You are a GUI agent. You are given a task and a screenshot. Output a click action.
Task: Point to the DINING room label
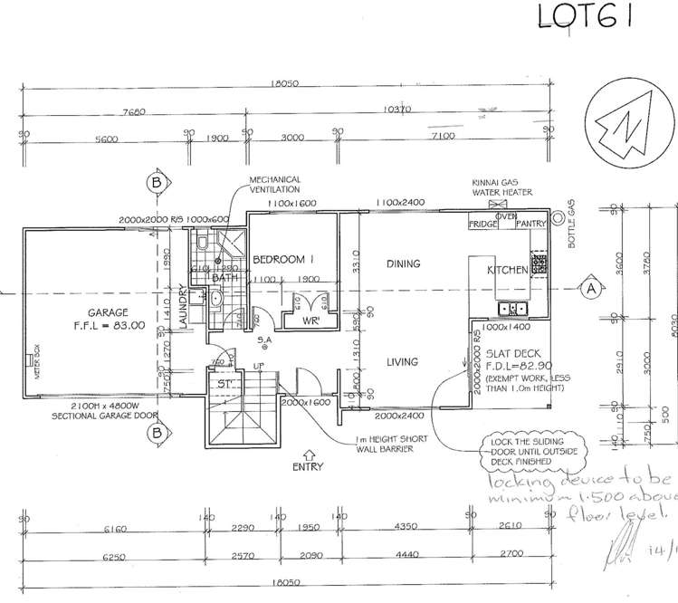click(x=403, y=264)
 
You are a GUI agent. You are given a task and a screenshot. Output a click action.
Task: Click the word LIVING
click(x=402, y=362)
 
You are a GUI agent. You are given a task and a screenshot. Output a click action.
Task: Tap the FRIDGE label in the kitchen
click(x=481, y=223)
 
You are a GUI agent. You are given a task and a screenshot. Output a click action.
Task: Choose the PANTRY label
click(x=530, y=223)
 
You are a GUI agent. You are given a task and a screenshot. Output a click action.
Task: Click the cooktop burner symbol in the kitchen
click(x=540, y=264)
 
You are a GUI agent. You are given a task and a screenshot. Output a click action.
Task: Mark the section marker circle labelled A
click(x=591, y=289)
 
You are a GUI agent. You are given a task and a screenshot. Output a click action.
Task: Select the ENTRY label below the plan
click(x=309, y=467)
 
